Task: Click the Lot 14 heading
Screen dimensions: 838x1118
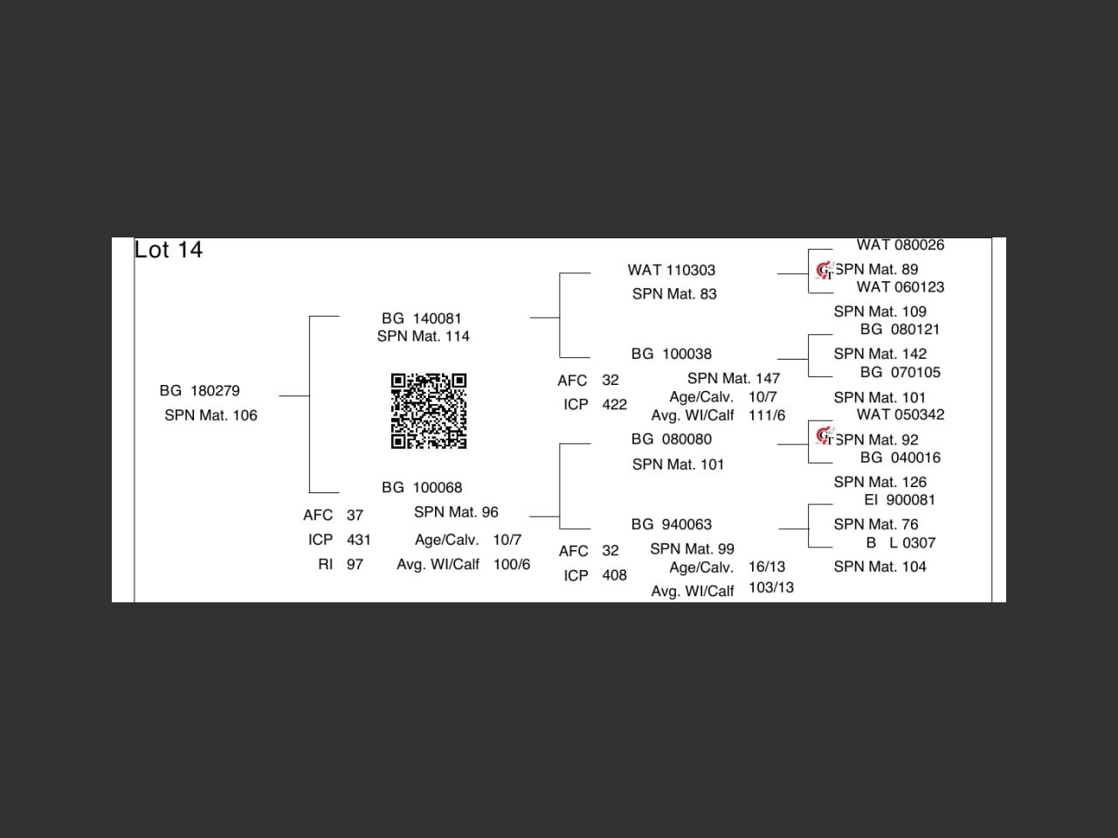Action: (169, 250)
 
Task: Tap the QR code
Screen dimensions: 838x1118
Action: (428, 411)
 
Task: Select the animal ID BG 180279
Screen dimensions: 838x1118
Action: (199, 390)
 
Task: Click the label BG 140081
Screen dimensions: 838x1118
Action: (421, 319)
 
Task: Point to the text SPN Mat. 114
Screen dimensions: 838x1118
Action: (423, 336)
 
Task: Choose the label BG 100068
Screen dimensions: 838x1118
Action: (422, 487)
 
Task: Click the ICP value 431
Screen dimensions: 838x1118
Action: (358, 539)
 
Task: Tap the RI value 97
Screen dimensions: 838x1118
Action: (355, 564)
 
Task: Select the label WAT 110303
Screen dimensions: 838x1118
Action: (671, 270)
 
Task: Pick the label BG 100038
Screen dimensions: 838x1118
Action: (671, 354)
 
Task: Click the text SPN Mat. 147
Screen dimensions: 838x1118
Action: (733, 378)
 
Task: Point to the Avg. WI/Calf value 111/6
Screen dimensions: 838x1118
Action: (766, 416)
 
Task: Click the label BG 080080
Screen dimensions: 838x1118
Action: (671, 439)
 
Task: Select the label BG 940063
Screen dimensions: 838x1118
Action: (671, 524)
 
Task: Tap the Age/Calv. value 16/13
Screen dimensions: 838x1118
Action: (766, 567)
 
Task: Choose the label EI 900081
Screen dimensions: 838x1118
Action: (899, 500)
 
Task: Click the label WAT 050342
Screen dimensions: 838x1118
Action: (900, 415)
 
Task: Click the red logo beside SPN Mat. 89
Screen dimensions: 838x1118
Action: (824, 271)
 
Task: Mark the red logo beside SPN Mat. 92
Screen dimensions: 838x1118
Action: (824, 435)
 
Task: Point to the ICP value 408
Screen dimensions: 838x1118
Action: (614, 575)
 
